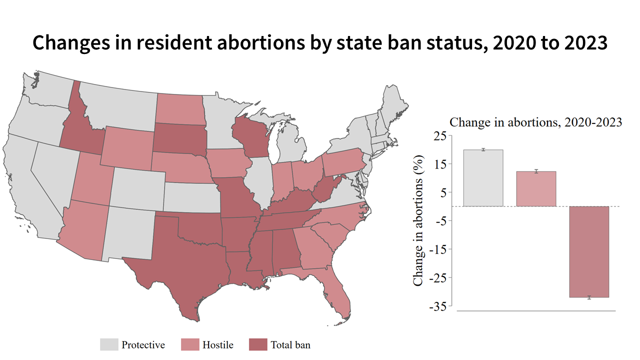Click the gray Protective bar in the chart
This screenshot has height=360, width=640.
pyautogui.click(x=483, y=178)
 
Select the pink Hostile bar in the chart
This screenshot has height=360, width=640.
pyautogui.click(x=536, y=189)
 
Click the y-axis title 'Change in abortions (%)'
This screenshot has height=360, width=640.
pyautogui.click(x=418, y=220)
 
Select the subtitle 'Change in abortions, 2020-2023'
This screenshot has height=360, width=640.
pyautogui.click(x=535, y=122)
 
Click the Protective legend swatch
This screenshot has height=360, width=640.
pyautogui.click(x=109, y=344)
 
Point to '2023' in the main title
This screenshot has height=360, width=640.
pyautogui.click(x=582, y=43)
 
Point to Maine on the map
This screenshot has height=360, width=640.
pyautogui.click(x=394, y=102)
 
